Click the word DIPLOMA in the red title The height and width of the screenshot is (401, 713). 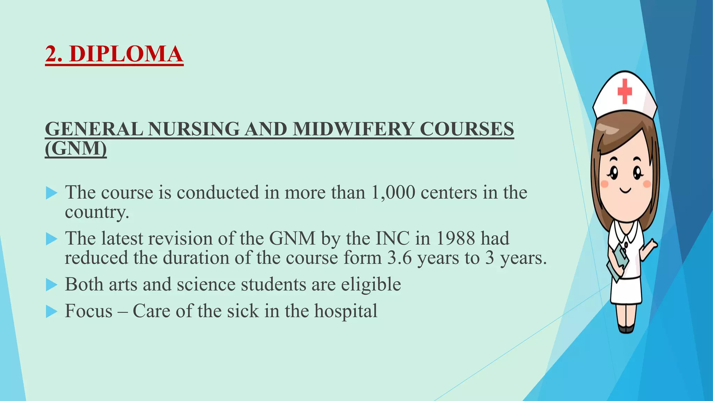click(126, 54)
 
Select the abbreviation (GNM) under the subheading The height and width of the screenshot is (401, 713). click(76, 149)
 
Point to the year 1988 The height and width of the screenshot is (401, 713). click(455, 238)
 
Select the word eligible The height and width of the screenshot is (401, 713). click(371, 284)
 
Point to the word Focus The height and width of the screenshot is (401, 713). click(89, 311)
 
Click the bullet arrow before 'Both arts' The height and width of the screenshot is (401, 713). click(51, 285)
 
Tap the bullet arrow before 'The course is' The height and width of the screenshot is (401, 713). click(51, 193)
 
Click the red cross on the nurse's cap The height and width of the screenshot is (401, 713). click(625, 91)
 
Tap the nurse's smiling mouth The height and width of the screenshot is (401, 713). click(625, 190)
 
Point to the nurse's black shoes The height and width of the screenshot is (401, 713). click(626, 329)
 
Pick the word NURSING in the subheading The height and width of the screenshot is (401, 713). click(194, 129)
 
